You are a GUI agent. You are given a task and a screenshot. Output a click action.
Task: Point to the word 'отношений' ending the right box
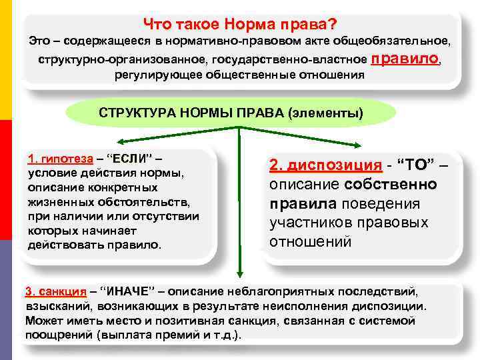click(310, 241)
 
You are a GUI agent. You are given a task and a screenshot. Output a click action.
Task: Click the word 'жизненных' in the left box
click(59, 201)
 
